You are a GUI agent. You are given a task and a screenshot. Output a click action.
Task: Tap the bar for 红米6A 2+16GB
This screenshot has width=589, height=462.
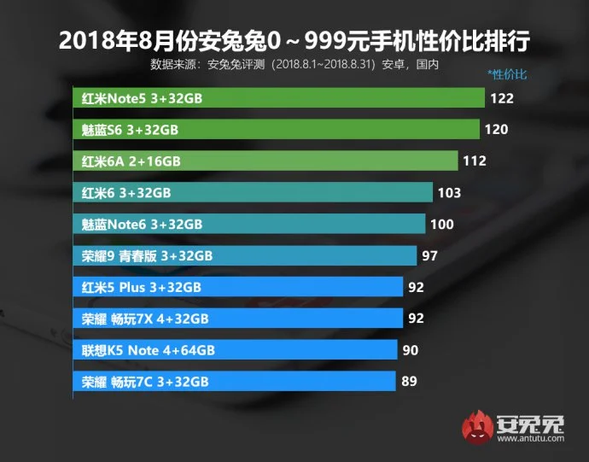point(265,161)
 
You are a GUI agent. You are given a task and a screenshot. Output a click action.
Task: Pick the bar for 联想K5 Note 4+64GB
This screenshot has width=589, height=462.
point(236,350)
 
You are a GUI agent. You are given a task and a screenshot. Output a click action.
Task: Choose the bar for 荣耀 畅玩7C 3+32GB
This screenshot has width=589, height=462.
point(234,382)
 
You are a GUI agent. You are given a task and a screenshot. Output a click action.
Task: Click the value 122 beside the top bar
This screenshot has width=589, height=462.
point(502,98)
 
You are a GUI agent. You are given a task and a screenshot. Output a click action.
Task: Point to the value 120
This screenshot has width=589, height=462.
point(497,130)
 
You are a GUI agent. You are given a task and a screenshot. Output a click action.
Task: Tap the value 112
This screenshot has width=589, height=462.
point(475,161)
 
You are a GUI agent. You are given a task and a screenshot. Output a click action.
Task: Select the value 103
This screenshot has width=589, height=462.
point(449,193)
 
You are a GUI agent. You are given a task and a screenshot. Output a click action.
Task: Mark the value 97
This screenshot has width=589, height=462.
point(430,255)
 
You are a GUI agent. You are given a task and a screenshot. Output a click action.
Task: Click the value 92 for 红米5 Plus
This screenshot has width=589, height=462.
point(416,287)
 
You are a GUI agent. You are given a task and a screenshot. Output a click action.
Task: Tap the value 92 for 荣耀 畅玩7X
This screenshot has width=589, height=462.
point(416,319)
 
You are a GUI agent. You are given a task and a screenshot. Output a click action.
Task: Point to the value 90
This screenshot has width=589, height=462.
point(411,350)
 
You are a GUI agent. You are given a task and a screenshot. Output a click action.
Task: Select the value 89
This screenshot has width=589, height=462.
point(409,382)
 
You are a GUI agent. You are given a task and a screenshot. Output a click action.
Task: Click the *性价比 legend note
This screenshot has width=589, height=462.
point(506,74)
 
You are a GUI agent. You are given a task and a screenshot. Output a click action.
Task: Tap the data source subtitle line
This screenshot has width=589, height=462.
point(300,64)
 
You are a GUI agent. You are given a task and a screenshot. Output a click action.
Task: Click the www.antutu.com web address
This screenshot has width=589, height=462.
point(529,440)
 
